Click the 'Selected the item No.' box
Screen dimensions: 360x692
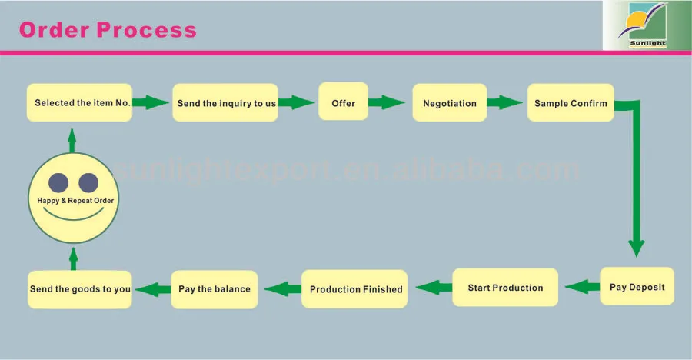tap(81, 103)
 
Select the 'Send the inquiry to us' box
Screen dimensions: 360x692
tap(225, 103)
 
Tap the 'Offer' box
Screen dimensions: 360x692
tap(343, 103)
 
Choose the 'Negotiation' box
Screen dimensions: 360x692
tap(450, 103)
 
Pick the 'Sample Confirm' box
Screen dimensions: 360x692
tap(571, 103)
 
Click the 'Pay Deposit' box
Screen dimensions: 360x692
tap(637, 287)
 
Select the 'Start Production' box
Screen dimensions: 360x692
tap(505, 288)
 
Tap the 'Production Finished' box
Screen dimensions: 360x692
tap(355, 289)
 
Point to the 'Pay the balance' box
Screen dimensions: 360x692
tap(214, 289)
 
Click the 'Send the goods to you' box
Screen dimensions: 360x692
tap(80, 289)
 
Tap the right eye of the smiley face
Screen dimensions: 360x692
tap(88, 182)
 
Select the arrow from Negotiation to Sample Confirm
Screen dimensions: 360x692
tap(506, 102)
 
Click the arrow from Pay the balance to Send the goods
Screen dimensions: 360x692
tap(153, 289)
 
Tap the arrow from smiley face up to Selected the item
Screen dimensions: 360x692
tap(72, 140)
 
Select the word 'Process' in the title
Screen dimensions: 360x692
tap(147, 30)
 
